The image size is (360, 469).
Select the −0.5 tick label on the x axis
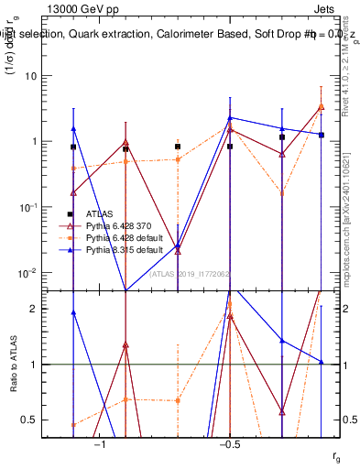229,444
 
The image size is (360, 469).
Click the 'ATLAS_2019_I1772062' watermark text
191,273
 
